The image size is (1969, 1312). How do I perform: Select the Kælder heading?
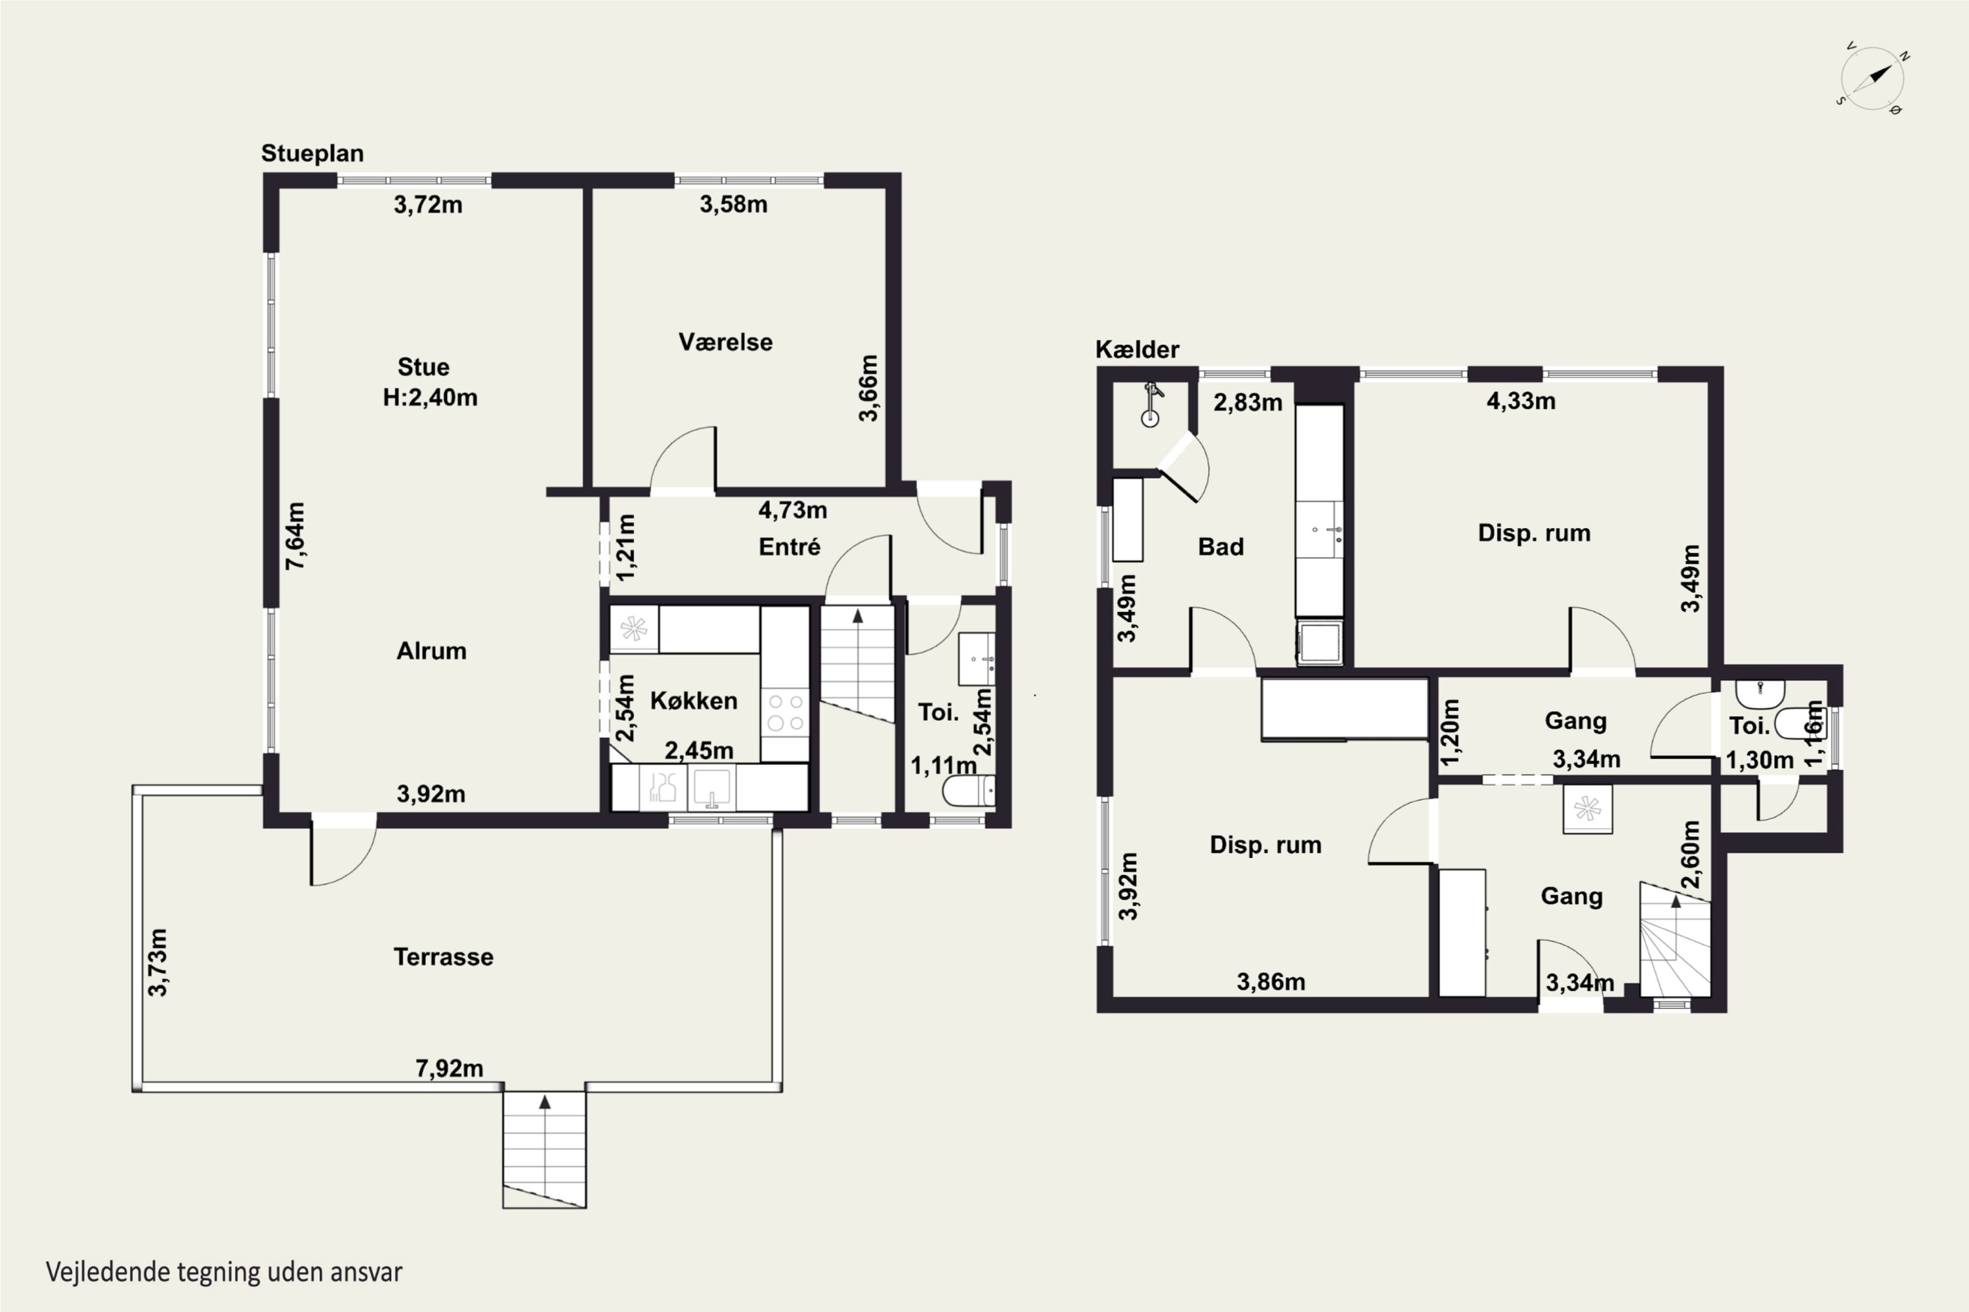click(x=1137, y=349)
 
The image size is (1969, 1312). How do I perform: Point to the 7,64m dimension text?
click(x=295, y=537)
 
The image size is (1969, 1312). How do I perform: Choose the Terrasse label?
click(x=443, y=956)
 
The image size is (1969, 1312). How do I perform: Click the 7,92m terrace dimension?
click(x=450, y=1069)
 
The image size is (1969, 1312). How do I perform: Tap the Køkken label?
click(x=694, y=701)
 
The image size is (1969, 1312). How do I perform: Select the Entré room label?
click(x=789, y=547)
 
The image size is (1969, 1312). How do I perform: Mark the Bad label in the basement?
click(x=1221, y=547)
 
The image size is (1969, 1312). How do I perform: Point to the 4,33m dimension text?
click(x=1521, y=401)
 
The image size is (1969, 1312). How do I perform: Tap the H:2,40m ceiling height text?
click(x=431, y=398)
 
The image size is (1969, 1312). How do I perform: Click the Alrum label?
click(x=431, y=651)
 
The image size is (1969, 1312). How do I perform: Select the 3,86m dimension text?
click(x=1271, y=981)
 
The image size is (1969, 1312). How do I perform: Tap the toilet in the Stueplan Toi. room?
click(x=969, y=790)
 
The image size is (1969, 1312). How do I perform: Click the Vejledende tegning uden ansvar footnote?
click(x=224, y=1272)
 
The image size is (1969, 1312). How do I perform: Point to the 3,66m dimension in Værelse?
click(x=868, y=388)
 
